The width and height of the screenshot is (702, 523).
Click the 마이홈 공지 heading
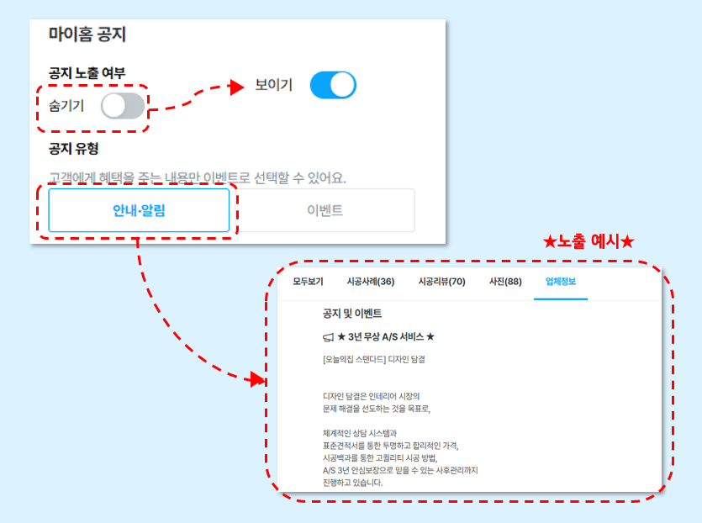(87, 34)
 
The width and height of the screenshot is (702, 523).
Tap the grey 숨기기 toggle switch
(123, 106)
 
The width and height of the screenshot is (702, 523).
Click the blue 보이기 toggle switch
(333, 85)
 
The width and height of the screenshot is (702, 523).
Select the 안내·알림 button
(139, 210)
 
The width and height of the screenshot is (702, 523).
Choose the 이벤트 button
(325, 210)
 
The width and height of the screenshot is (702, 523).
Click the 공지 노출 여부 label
(87, 72)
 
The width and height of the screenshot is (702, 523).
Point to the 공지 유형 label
(73, 148)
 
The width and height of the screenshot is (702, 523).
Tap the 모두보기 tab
(308, 282)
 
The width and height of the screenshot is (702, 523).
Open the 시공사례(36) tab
(371, 282)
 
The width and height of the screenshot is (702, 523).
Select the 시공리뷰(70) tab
(442, 282)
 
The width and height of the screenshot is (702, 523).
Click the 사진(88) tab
(505, 282)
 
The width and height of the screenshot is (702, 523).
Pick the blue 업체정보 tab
(561, 282)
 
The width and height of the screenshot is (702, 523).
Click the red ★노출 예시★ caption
(589, 241)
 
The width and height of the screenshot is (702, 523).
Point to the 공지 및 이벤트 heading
(352, 314)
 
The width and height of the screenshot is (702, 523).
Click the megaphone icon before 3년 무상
(329, 337)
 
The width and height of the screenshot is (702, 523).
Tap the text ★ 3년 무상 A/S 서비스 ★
(386, 336)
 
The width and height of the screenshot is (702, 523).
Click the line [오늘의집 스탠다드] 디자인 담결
(374, 360)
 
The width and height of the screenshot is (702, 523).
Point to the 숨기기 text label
(66, 106)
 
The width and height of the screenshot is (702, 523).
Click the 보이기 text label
(273, 85)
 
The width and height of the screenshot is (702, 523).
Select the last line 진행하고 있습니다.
(353, 483)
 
